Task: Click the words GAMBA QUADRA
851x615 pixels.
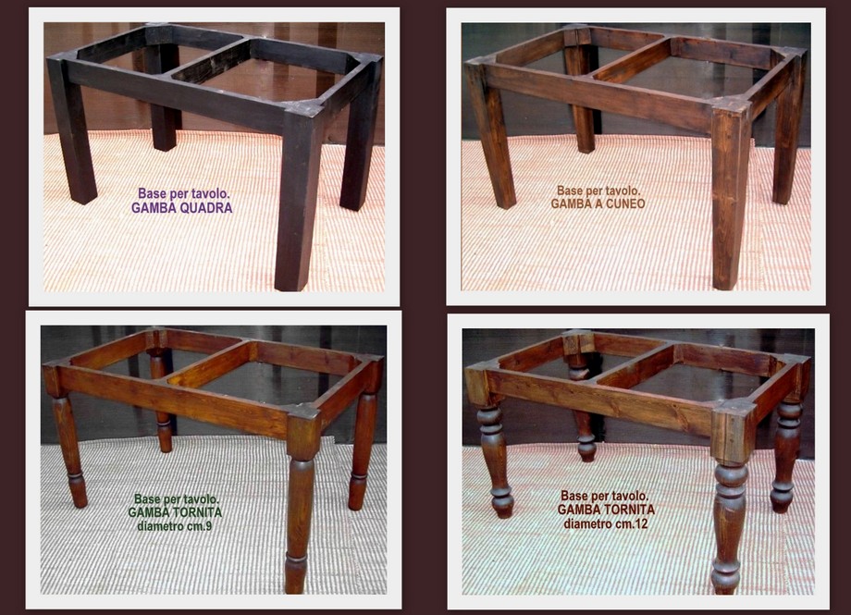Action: click(x=182, y=208)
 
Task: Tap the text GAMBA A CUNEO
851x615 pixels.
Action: click(x=598, y=204)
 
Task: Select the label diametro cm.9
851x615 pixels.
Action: click(x=175, y=526)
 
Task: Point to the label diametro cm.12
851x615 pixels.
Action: click(x=606, y=523)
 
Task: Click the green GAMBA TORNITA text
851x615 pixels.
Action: click(x=175, y=512)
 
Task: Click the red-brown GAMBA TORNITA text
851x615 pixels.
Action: click(x=606, y=510)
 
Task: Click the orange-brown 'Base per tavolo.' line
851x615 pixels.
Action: click(x=598, y=191)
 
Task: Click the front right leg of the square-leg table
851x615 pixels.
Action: click(x=299, y=196)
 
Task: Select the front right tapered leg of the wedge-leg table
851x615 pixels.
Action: click(x=729, y=195)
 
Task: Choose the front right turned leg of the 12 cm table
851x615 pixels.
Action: click(x=730, y=502)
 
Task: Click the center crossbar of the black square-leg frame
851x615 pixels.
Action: click(x=211, y=61)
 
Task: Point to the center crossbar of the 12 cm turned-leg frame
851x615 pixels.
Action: click(x=635, y=365)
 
